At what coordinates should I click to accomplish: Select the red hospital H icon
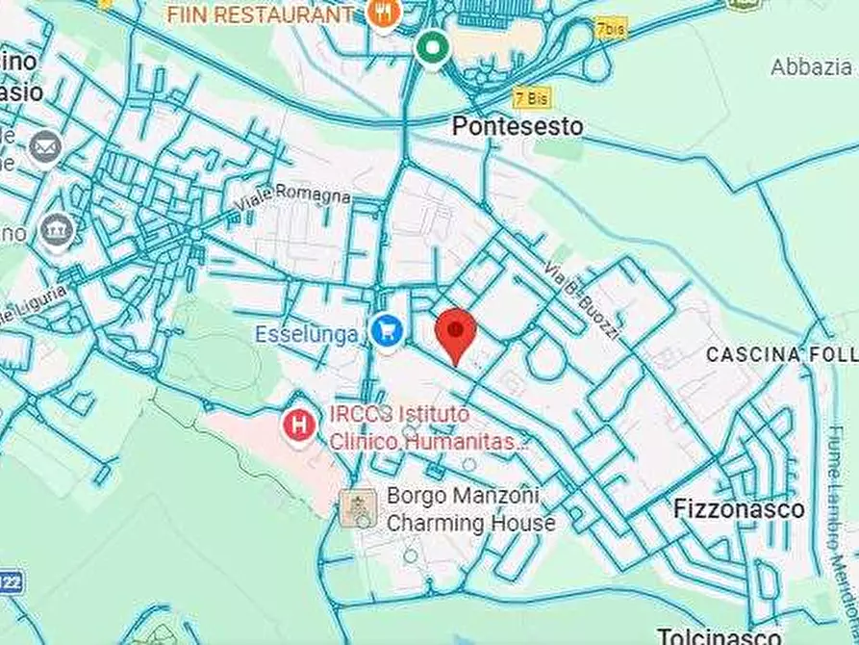coord(300,424)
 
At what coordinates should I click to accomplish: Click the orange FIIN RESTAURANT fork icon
coord(383,13)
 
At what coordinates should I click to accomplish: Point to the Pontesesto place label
coord(518,126)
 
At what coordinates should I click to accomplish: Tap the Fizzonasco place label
coord(739,508)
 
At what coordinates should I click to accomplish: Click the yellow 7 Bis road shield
coord(532,97)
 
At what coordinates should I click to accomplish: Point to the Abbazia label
coord(811,66)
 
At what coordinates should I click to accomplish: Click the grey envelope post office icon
coord(44,148)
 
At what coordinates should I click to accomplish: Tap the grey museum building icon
coord(58,232)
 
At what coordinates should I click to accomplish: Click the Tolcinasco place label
coord(719,635)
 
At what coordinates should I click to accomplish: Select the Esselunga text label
coord(307,334)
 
